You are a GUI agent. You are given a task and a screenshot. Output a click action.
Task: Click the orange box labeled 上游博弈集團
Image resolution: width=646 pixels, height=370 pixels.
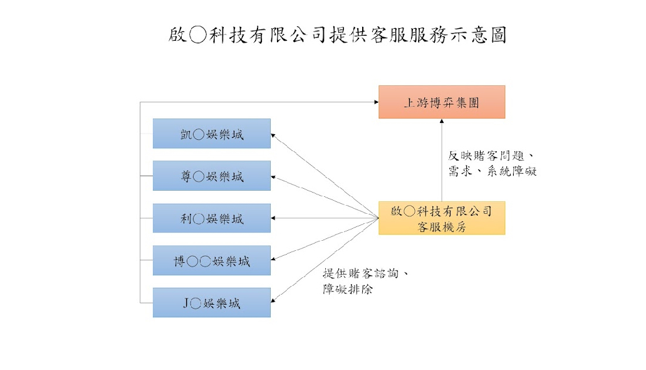point(442,102)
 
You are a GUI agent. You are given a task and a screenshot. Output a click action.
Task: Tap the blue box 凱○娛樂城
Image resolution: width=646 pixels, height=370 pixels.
point(212,134)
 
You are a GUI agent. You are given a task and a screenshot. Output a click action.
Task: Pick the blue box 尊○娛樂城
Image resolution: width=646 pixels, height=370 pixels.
point(212,176)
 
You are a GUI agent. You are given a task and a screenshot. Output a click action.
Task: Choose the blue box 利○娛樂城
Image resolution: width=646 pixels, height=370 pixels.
point(212,218)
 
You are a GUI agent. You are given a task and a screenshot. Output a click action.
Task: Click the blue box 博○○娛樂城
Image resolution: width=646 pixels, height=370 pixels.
point(212,260)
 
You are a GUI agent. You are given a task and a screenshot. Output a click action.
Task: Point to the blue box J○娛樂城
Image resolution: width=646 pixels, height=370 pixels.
point(212,302)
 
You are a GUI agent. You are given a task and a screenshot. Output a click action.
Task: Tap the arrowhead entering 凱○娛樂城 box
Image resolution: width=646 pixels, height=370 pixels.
point(274,135)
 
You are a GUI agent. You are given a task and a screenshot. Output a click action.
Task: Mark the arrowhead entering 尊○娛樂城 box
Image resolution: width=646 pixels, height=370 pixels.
point(274,177)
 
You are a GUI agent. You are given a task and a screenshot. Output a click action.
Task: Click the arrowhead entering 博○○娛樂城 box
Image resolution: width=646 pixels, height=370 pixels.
point(274,259)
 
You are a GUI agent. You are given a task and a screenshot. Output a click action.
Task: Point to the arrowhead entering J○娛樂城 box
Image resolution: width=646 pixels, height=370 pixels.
point(274,301)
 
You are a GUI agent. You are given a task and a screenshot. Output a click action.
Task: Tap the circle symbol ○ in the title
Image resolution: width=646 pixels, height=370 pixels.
point(197,35)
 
